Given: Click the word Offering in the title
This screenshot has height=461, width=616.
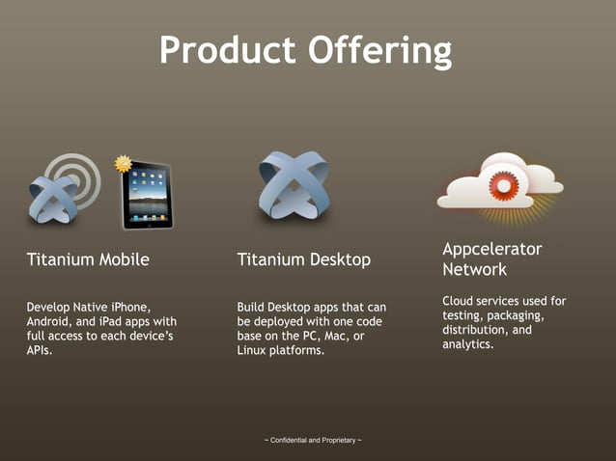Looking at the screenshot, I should click(381, 49).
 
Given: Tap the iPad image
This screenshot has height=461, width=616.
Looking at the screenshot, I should click(147, 196).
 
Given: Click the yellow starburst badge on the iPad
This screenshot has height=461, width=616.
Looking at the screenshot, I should click(123, 164).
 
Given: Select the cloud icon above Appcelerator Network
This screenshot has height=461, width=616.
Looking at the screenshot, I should click(498, 182).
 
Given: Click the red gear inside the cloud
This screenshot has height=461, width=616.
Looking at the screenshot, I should click(504, 185).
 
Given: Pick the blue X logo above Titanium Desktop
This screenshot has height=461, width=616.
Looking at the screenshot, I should click(295, 185).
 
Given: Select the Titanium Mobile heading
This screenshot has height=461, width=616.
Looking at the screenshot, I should click(88, 259).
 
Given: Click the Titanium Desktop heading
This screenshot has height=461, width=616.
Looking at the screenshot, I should click(303, 259).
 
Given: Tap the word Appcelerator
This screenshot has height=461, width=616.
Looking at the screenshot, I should click(491, 249).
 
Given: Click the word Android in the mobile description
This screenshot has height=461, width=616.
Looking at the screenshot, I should click(49, 321).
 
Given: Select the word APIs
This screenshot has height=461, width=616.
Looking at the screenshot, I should click(41, 351).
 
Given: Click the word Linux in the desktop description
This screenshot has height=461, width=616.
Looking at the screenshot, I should click(256, 351).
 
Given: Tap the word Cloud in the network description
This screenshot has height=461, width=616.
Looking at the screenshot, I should click(461, 301).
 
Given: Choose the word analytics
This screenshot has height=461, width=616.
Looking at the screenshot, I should click(467, 344).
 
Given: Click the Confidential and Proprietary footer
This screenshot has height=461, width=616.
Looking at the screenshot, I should click(313, 441).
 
